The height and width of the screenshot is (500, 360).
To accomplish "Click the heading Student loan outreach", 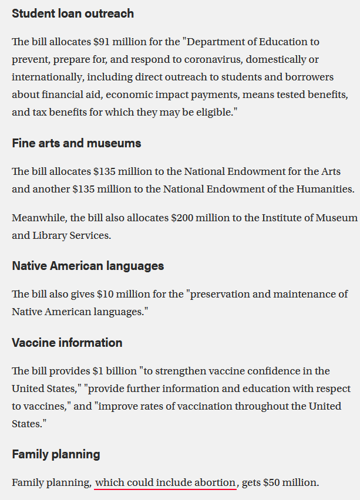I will (x=73, y=13).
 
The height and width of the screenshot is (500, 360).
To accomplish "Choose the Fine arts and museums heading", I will (x=76, y=143).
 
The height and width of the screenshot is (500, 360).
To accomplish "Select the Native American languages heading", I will (x=88, y=265).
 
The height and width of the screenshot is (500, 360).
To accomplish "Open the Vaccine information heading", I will (x=67, y=342).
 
